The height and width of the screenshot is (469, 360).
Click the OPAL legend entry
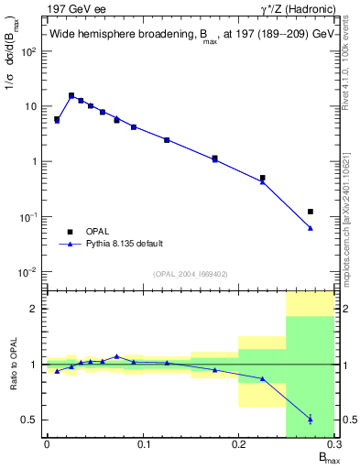coord(98,232)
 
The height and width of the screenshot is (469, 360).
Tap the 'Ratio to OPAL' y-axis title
coord(14,364)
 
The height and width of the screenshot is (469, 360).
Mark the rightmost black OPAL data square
coord(311,212)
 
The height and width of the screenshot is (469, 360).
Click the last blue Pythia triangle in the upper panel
coord(311,228)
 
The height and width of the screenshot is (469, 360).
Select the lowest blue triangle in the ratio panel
coord(311,420)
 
